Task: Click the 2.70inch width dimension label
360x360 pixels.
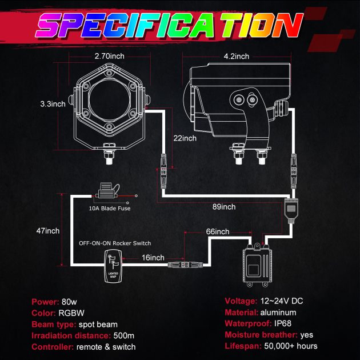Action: (x=110, y=56)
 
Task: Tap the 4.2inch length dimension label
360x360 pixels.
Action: (x=236, y=56)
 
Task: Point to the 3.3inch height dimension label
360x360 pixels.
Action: (x=53, y=104)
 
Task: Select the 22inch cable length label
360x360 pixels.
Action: (x=185, y=138)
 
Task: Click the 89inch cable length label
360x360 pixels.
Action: (x=224, y=207)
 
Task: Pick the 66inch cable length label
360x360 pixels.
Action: (x=217, y=231)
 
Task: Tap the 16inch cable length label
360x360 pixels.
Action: (x=153, y=258)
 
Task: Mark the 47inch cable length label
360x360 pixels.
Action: (x=48, y=231)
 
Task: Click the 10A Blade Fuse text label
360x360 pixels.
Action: (x=110, y=209)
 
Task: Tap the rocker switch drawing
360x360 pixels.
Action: (x=113, y=266)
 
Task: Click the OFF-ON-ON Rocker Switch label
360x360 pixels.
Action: (x=115, y=243)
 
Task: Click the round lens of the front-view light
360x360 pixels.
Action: (x=109, y=101)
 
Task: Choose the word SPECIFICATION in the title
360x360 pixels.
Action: (x=170, y=25)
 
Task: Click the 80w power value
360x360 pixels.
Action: (x=69, y=302)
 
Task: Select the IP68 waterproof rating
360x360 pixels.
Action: (x=283, y=323)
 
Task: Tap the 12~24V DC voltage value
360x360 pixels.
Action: (x=282, y=301)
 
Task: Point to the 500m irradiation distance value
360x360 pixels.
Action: (x=124, y=335)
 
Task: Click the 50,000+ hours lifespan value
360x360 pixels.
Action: (x=291, y=346)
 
